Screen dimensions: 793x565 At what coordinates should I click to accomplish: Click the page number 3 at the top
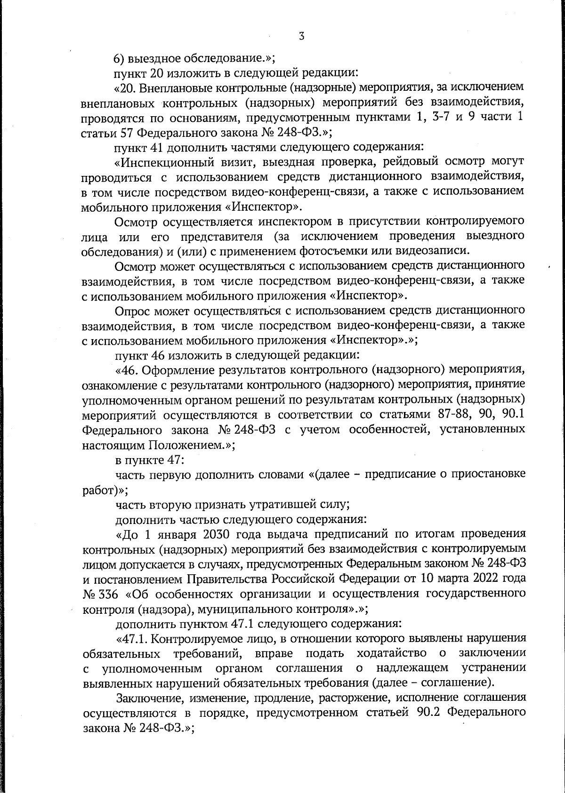301,36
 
